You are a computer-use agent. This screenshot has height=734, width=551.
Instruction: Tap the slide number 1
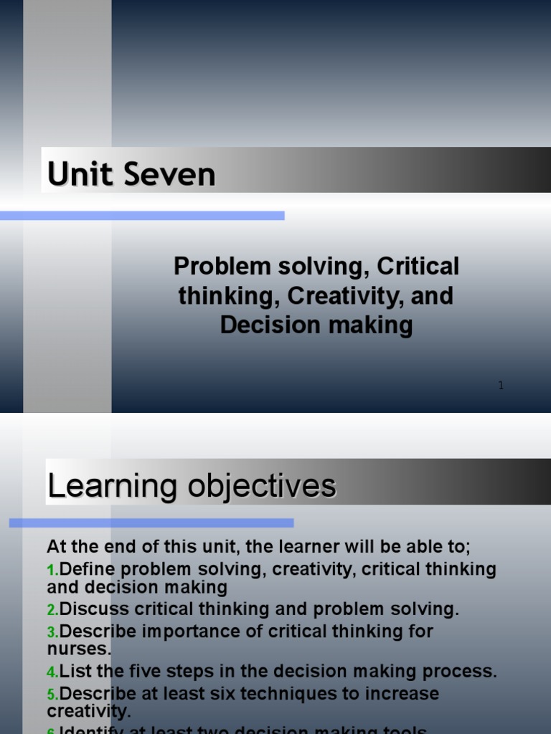(501, 386)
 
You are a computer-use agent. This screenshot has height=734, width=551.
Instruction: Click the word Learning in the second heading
(112, 486)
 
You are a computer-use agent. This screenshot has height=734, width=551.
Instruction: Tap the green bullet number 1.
(52, 571)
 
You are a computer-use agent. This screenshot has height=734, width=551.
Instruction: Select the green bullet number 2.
(52, 611)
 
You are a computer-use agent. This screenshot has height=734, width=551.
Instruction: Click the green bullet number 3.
(52, 633)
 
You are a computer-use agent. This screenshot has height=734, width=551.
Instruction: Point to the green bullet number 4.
(52, 673)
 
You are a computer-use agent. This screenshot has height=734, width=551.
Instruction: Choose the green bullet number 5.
(52, 695)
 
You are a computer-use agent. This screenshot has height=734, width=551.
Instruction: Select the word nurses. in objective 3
(79, 649)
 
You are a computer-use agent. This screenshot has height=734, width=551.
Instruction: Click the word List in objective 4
(74, 672)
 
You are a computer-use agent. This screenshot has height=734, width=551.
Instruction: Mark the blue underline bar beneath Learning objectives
(151, 523)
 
